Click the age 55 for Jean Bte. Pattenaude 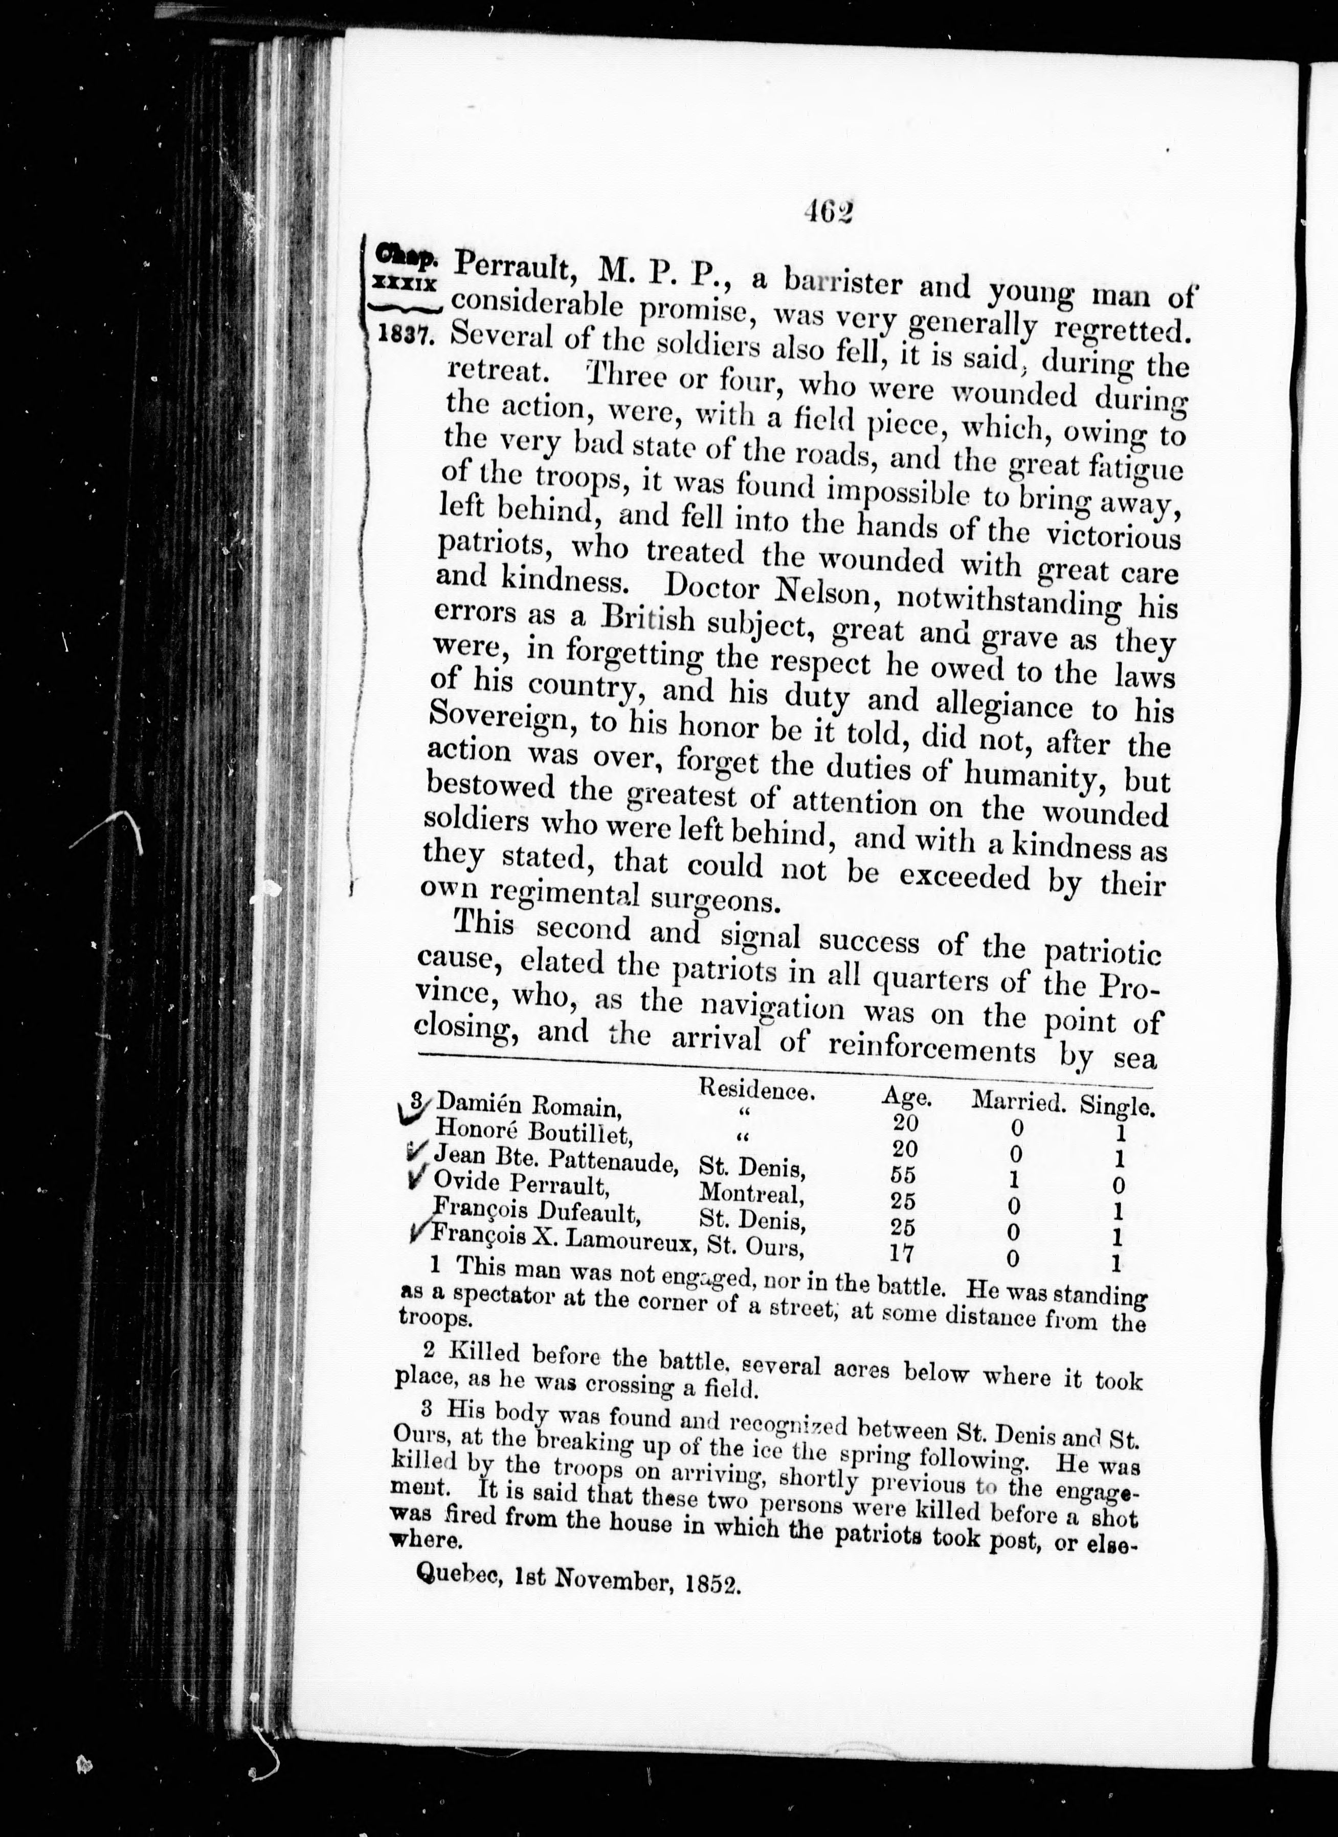(903, 1175)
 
